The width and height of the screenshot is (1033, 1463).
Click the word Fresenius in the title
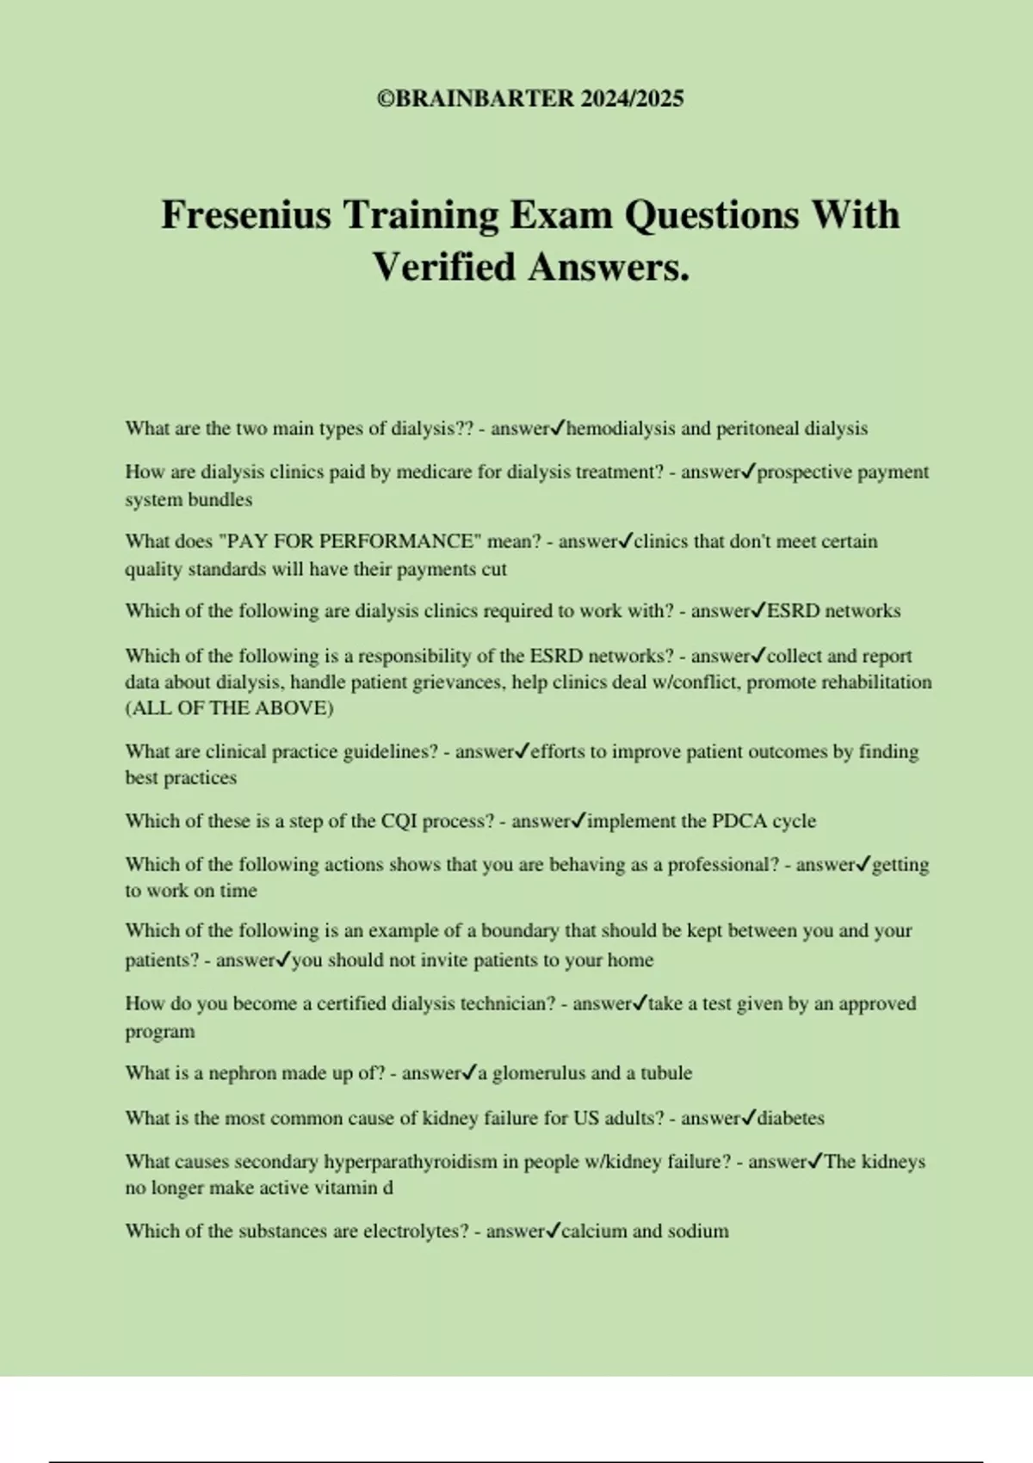point(246,215)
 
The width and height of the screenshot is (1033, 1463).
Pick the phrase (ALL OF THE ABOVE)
point(229,708)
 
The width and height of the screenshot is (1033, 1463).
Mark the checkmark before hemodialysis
point(558,428)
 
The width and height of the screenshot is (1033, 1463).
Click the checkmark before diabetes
point(748,1118)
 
